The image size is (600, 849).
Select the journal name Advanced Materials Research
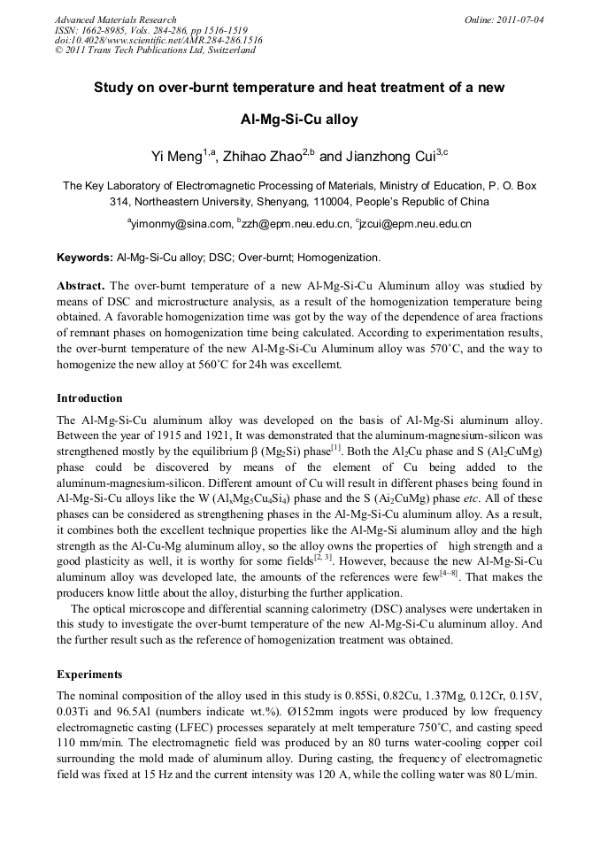(115, 19)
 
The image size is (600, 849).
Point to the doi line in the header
(158, 40)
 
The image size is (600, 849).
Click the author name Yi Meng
(177, 157)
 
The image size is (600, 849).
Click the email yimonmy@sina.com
(181, 224)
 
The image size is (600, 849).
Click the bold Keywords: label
(85, 258)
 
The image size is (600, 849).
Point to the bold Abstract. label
(81, 286)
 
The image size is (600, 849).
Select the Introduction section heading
(89, 397)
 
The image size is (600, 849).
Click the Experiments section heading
(89, 674)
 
